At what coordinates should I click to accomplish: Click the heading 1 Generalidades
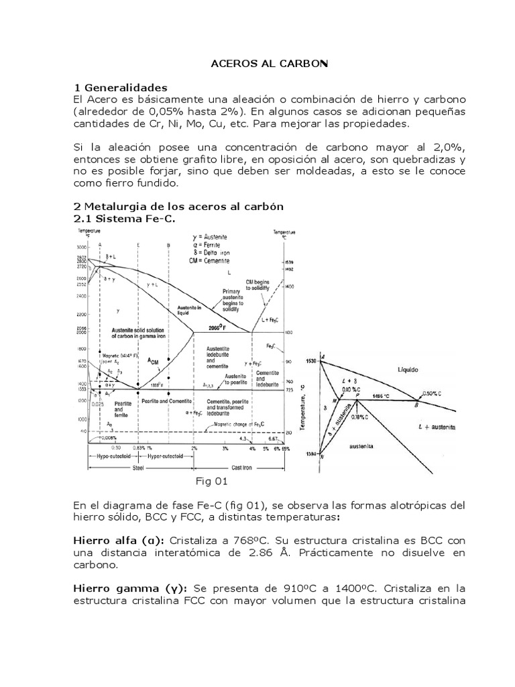[x=123, y=88]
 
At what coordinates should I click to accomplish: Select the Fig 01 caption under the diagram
[x=212, y=481]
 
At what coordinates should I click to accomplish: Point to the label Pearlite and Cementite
[x=167, y=400]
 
